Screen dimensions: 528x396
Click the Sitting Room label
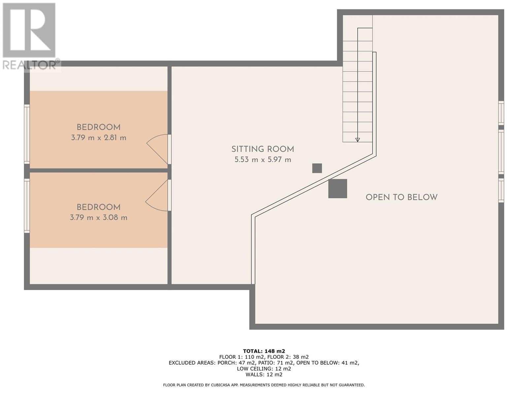pos(262,149)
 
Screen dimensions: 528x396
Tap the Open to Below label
pos(402,197)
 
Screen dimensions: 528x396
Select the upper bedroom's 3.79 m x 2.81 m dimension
pos(99,138)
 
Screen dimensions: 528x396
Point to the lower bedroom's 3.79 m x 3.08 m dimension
pos(99,217)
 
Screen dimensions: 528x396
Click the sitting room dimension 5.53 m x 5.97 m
pos(263,160)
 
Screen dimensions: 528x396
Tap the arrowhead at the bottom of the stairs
pos(357,140)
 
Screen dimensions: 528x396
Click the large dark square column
pos(338,188)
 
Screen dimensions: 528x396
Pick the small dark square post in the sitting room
pos(317,168)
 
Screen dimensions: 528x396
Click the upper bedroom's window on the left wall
pos(27,134)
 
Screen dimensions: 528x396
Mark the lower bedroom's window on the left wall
pos(27,206)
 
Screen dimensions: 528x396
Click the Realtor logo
pos(30,36)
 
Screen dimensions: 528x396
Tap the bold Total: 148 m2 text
pos(264,351)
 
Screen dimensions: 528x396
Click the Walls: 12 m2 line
pos(264,374)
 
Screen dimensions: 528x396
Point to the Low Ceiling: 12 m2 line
pos(264,369)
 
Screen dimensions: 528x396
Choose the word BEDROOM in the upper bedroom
pos(99,127)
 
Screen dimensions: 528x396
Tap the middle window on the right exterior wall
pos(501,152)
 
